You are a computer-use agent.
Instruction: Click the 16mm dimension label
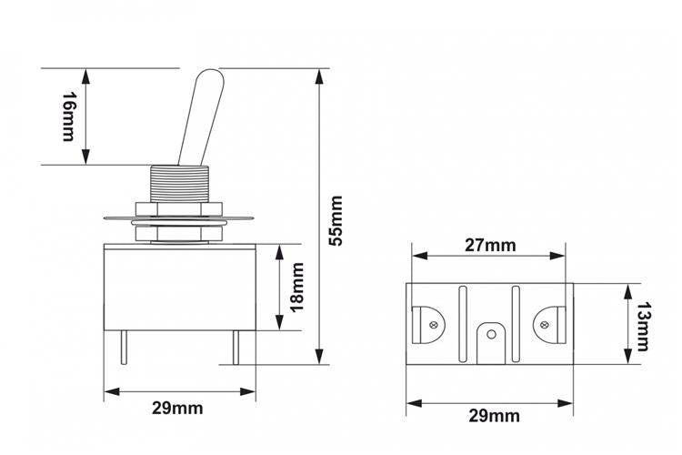(x=68, y=116)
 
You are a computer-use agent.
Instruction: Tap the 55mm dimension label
(x=336, y=221)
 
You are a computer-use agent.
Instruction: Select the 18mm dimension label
(x=297, y=288)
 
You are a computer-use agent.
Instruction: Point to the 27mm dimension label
(x=491, y=246)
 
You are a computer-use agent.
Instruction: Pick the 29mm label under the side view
(x=177, y=409)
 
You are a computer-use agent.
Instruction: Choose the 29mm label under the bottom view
(x=494, y=416)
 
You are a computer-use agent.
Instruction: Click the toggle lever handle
(x=201, y=117)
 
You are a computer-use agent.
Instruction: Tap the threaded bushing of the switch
(x=180, y=184)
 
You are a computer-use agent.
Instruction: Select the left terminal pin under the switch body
(x=124, y=348)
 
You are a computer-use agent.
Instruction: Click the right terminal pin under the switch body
(x=236, y=348)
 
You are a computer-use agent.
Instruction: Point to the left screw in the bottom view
(x=433, y=325)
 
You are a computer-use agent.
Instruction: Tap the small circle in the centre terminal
(x=491, y=334)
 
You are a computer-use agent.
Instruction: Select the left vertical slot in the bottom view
(x=462, y=324)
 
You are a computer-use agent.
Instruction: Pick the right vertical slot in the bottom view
(x=516, y=324)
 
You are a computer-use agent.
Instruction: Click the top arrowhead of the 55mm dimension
(x=320, y=76)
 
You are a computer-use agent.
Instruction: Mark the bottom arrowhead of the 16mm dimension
(x=86, y=157)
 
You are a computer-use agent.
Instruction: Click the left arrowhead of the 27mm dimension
(x=420, y=256)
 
